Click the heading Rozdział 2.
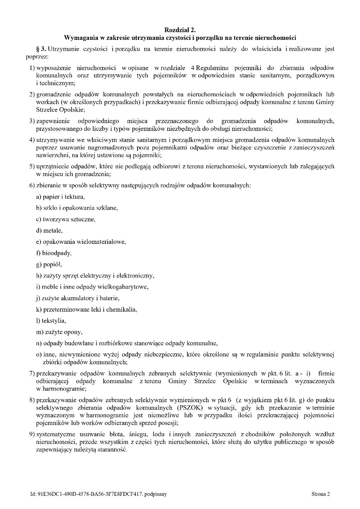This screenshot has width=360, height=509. point(180,30)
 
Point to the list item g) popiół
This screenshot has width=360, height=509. point(49,264)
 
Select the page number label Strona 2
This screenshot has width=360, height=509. point(321,494)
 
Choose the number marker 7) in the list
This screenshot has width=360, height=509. point(32,374)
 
